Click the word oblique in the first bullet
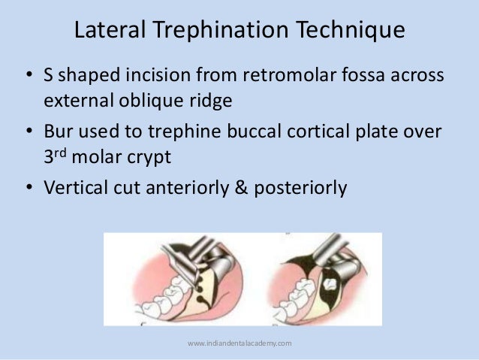(x=169, y=98)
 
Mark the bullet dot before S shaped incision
(x=28, y=77)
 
